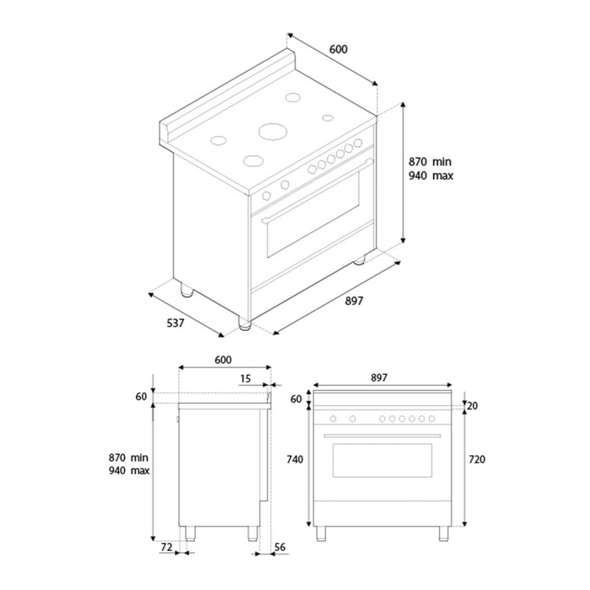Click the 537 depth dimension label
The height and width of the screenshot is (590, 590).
[175, 323]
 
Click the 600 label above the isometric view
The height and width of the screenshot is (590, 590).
[338, 50]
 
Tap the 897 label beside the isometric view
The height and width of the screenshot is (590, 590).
[354, 301]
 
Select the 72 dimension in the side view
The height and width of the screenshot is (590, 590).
[166, 547]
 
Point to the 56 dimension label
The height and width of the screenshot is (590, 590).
[280, 547]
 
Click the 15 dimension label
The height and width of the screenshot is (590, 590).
[245, 379]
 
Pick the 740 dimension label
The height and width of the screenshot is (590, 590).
[294, 460]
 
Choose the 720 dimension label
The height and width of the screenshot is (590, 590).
[477, 460]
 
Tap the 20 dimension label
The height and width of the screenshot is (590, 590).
[472, 406]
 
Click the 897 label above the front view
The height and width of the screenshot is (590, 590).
[379, 378]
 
